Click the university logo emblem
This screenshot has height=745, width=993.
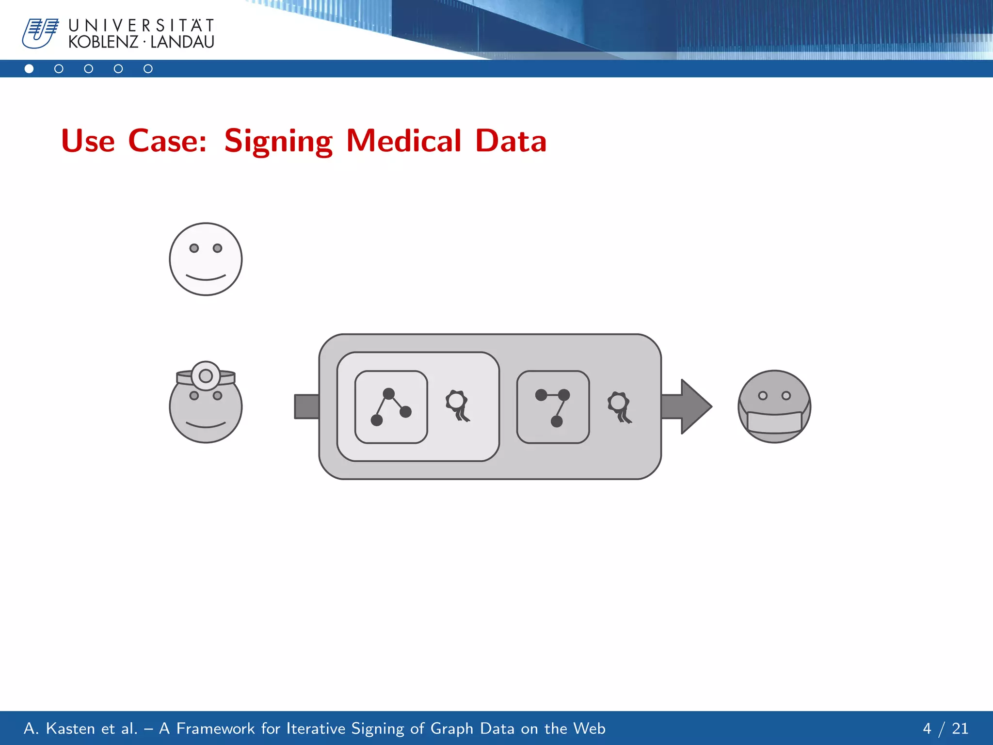[x=40, y=33]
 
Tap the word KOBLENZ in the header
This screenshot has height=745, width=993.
[x=103, y=42]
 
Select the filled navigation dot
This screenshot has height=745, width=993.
[x=29, y=69]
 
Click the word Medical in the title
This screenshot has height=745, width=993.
[x=403, y=141]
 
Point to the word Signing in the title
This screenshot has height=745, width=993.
[x=278, y=141]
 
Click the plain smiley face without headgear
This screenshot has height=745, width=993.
[x=206, y=259]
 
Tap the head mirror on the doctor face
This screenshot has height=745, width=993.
[x=206, y=375]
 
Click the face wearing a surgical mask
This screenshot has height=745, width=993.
[x=774, y=406]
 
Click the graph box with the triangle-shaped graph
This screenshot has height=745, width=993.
[x=391, y=407]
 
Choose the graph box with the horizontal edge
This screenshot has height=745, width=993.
[x=553, y=407]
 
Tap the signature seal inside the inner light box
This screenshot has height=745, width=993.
[x=457, y=405]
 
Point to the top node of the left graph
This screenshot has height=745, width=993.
[x=388, y=393]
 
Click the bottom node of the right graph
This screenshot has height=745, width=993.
[x=557, y=421]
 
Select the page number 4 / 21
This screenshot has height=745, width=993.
[x=945, y=729]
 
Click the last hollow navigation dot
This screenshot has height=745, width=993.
[x=148, y=69]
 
